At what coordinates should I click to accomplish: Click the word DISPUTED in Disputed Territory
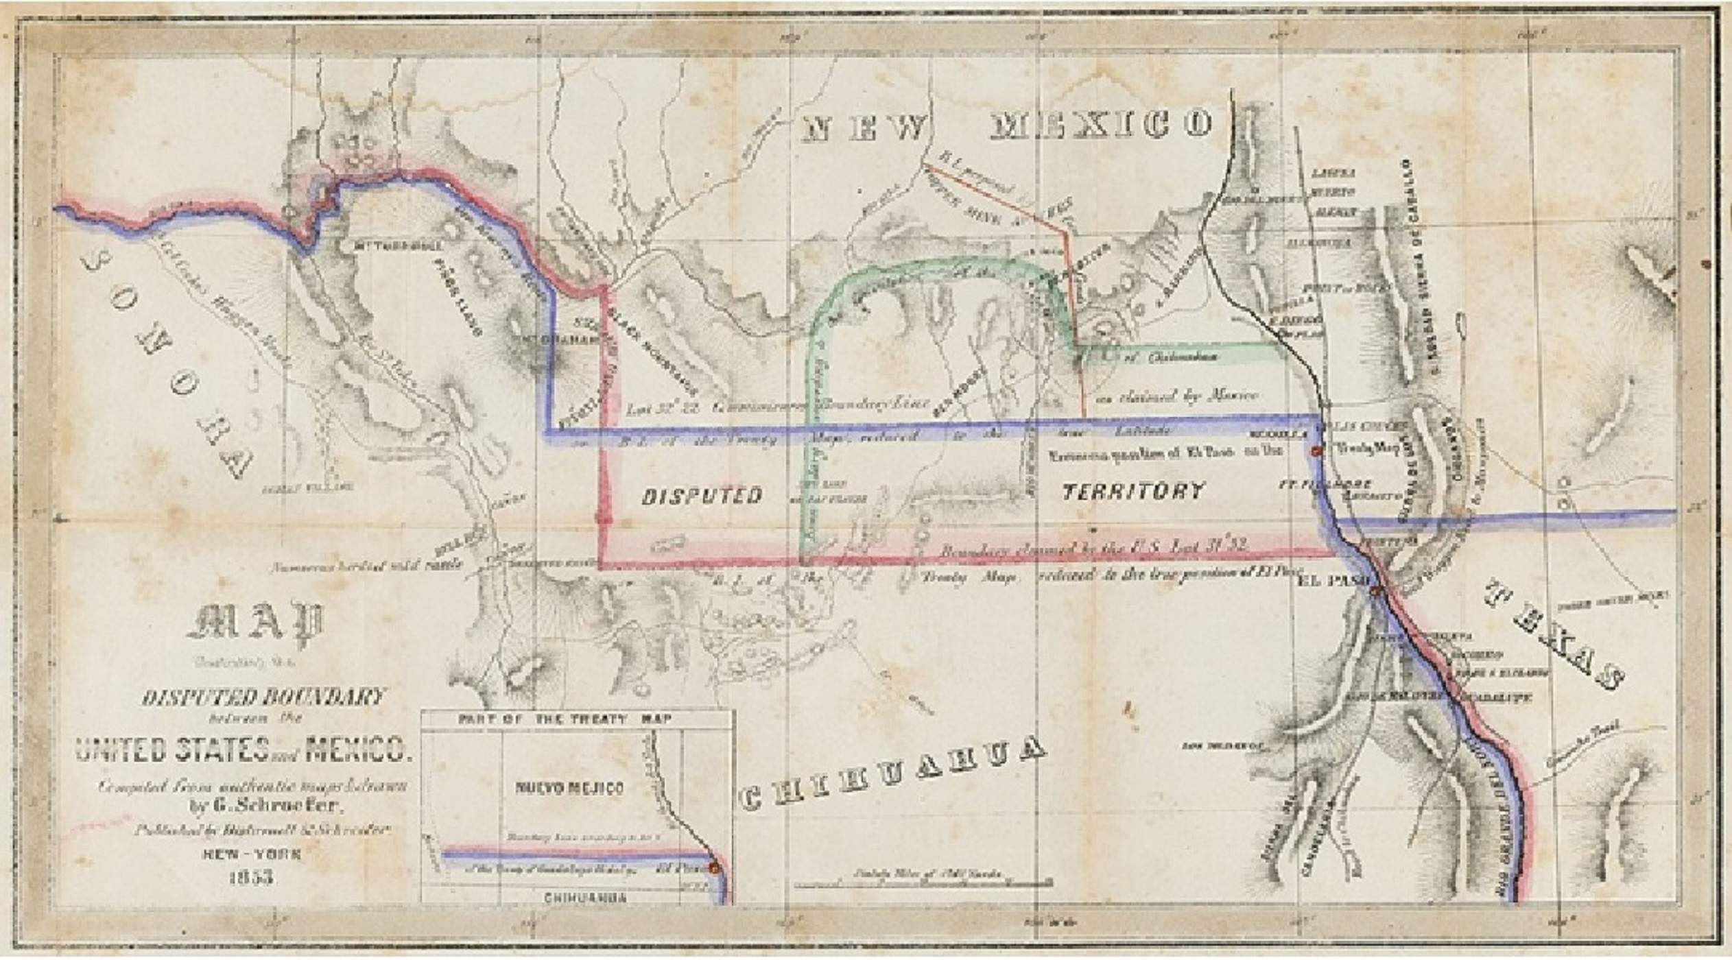pos(702,496)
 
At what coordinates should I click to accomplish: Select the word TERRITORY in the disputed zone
pos(1132,491)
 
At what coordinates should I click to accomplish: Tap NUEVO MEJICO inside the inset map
pos(569,788)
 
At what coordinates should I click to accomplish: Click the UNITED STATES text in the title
pos(171,750)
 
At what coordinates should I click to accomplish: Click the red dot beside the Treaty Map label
pos(1316,451)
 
